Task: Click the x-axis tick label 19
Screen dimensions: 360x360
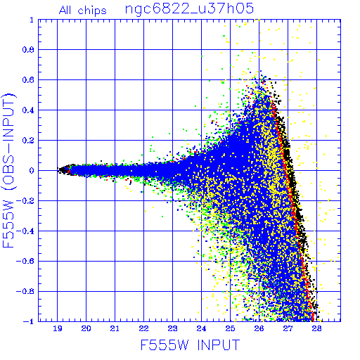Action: (x=58, y=328)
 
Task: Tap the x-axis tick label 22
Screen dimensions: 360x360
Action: (x=143, y=328)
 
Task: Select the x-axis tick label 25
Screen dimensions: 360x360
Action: (x=230, y=328)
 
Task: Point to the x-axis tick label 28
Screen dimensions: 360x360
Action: (x=316, y=328)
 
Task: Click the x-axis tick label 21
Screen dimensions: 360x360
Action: (x=115, y=328)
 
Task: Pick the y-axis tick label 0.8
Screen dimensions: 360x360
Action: (x=28, y=50)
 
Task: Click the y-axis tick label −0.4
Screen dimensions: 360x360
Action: (x=25, y=231)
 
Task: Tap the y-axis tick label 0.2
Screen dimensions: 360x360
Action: (x=28, y=141)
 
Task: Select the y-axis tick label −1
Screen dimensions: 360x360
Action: (x=29, y=321)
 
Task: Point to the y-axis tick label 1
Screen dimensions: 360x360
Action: (x=32, y=20)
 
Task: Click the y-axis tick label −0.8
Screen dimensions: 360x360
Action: (x=25, y=292)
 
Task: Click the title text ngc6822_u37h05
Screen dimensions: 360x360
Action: (x=189, y=9)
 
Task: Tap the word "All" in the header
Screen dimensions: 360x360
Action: (x=65, y=11)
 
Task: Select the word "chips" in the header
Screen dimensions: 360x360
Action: (x=92, y=11)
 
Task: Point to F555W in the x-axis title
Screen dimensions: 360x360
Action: (x=165, y=345)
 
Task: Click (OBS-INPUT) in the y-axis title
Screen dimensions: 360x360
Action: (x=8, y=141)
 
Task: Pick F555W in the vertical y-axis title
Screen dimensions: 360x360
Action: (x=8, y=224)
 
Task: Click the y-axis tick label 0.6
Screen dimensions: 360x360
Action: (x=28, y=80)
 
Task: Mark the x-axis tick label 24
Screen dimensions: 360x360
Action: (x=201, y=328)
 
